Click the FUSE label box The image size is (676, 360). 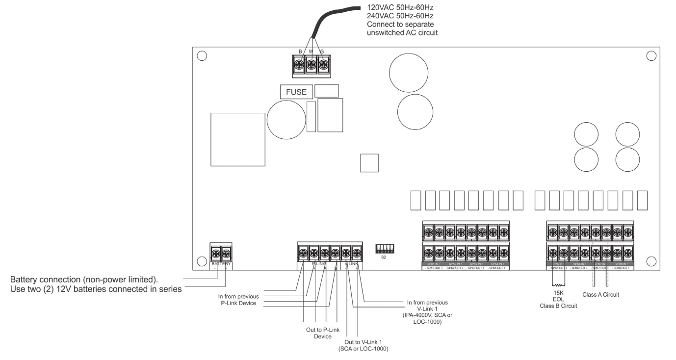coord(296,92)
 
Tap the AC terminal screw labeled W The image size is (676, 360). coord(311,64)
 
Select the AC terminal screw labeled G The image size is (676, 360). coord(322,64)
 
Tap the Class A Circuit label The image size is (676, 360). coord(600,295)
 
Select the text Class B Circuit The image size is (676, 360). coord(558,306)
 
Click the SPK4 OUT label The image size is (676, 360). coord(498,268)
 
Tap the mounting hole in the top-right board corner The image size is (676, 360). coord(651,56)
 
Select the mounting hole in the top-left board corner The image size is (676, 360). coord(202,56)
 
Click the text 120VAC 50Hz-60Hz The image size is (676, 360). coord(399,8)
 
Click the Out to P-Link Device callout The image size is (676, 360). coord(323,333)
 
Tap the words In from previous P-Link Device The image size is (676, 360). coord(238,300)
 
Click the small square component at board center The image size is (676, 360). coord(369,163)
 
